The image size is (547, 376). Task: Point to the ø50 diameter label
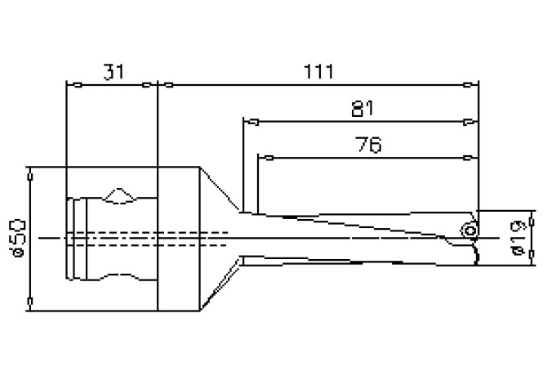(17, 238)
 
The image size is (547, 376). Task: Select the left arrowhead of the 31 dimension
(70, 84)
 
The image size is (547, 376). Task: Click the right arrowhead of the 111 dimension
(471, 84)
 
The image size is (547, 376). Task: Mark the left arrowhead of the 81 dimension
(249, 123)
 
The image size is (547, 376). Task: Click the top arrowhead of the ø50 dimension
(30, 174)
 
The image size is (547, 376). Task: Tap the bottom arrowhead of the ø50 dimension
(30, 303)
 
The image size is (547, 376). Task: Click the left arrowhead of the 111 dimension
(163, 84)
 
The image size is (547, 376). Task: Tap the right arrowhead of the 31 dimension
(149, 84)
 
